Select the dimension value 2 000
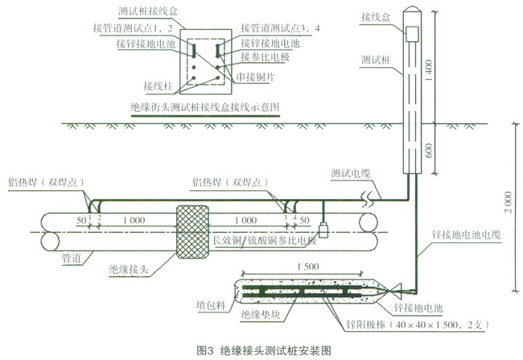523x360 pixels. tap(503, 201)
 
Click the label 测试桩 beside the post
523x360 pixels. tap(377, 61)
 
